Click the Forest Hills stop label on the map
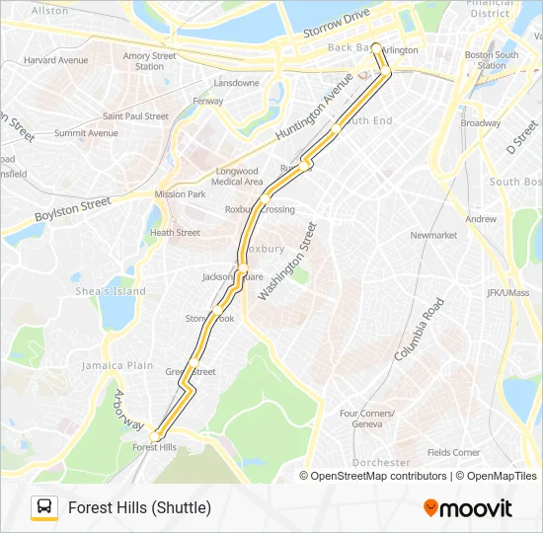point(154,447)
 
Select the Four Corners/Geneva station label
point(367,419)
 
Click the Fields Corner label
point(453,453)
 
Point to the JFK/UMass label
point(507,293)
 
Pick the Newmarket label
point(433,236)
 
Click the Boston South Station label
point(492,60)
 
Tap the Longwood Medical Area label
point(237,176)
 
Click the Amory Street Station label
point(150,61)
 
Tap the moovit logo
point(468,508)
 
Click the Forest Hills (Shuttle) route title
point(139,508)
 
